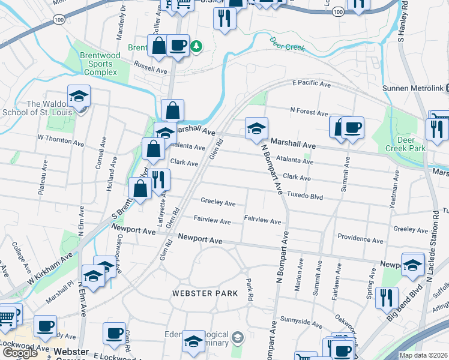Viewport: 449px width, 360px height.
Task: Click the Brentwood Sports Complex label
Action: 101,64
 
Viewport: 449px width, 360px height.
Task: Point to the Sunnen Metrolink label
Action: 413,88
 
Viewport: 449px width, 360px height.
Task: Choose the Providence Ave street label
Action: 360,240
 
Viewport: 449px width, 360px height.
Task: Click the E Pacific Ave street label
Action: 312,85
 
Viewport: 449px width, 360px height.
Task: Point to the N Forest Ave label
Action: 309,112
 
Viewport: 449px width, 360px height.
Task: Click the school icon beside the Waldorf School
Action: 78,98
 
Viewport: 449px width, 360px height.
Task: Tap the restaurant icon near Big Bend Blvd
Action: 387,298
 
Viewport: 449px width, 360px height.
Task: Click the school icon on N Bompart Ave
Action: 256,128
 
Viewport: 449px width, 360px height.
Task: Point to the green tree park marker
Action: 196,46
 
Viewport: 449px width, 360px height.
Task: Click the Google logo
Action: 20,352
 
